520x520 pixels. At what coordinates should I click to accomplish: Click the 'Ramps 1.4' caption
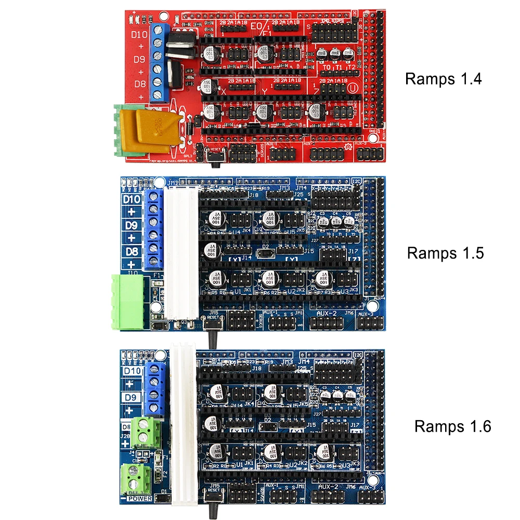(x=444, y=79)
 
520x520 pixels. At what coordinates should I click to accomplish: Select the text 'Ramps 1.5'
(x=445, y=253)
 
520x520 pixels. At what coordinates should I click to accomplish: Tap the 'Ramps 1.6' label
(x=452, y=426)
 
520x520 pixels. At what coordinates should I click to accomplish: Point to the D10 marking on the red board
(x=139, y=35)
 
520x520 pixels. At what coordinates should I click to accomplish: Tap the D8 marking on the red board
(x=139, y=83)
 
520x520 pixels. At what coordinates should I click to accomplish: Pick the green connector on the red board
(x=121, y=130)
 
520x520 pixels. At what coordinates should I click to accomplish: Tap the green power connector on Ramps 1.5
(x=126, y=302)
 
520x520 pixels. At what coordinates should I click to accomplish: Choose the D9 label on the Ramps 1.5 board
(x=132, y=225)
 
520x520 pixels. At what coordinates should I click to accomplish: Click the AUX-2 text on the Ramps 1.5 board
(x=325, y=314)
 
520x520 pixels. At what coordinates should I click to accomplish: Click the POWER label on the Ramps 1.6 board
(x=139, y=499)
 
